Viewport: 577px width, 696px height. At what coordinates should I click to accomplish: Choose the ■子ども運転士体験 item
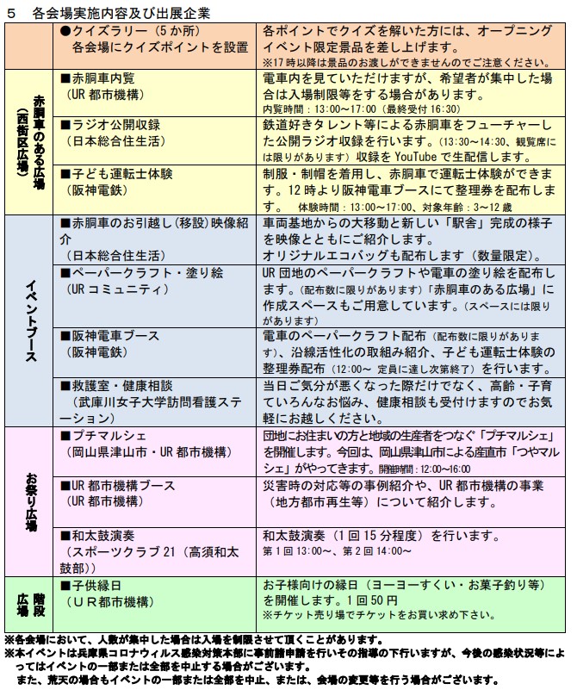point(124,174)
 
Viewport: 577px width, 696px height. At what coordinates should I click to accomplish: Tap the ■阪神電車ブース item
point(112,336)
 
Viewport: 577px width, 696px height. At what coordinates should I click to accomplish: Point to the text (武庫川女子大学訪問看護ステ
point(156,401)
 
